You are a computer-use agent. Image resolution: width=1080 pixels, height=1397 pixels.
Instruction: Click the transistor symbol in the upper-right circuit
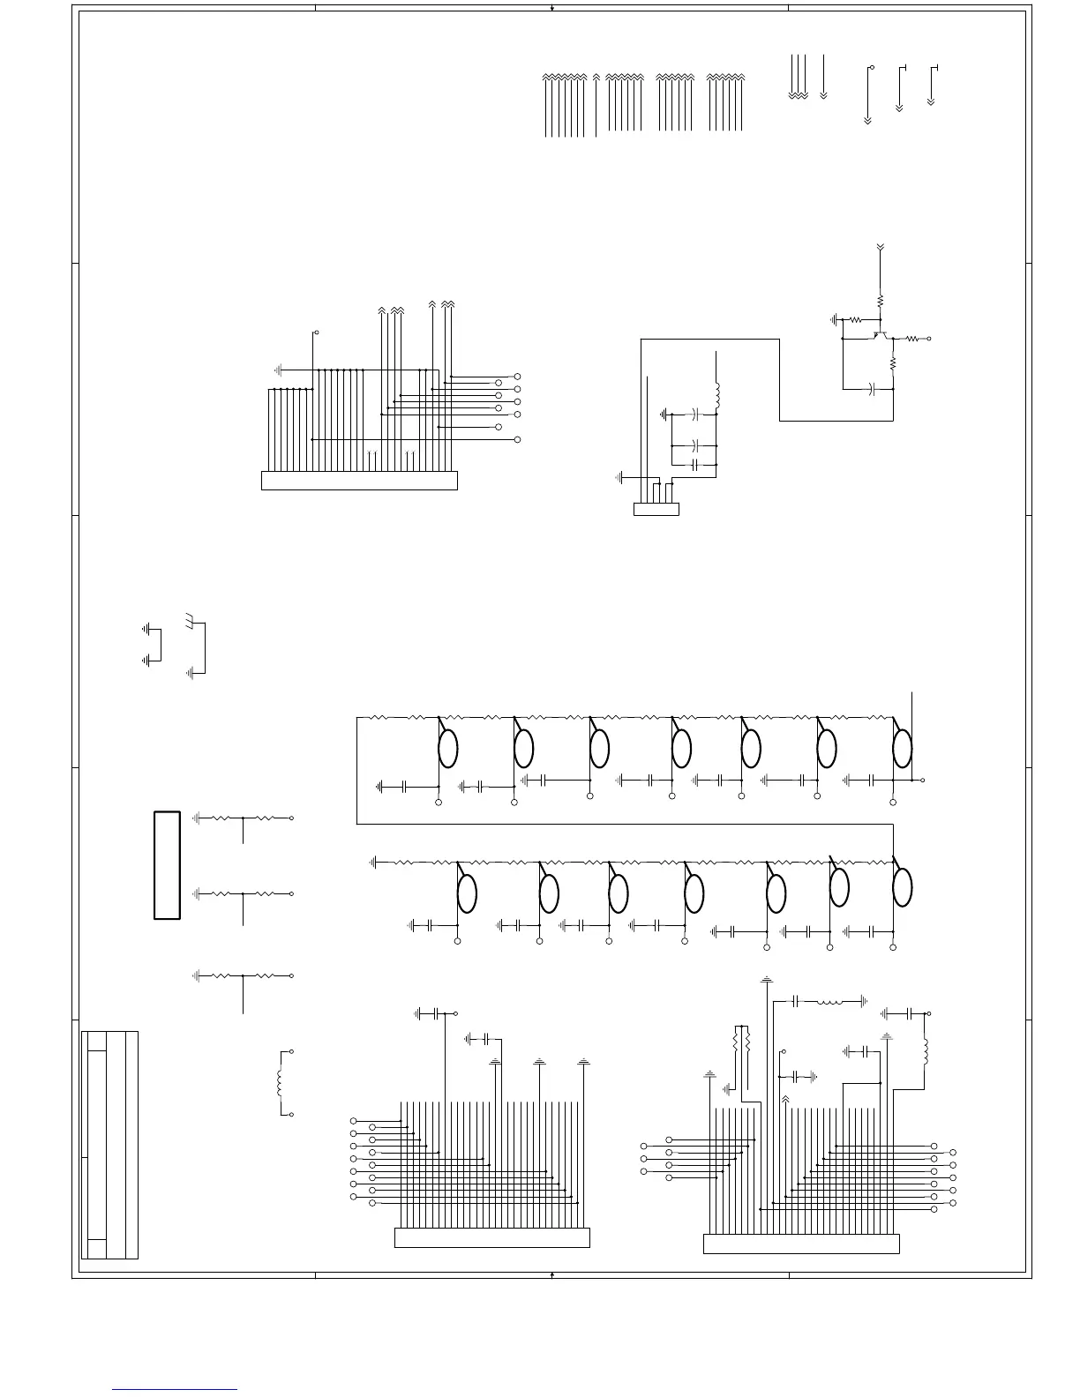(x=880, y=335)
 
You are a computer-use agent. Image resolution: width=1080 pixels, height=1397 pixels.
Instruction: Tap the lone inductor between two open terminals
(x=280, y=1083)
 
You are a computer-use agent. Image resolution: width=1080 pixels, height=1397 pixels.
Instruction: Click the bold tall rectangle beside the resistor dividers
(x=168, y=865)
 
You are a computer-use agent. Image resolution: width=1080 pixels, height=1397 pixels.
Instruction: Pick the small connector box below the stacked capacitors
(x=656, y=509)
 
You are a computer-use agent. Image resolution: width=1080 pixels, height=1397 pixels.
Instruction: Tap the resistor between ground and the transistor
(x=855, y=319)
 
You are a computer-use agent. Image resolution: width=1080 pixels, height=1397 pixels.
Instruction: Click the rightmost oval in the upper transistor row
(x=902, y=749)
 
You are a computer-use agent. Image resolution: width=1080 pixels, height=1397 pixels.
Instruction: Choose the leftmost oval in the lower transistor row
(x=468, y=893)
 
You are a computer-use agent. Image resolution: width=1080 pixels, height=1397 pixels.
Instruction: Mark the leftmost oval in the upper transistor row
(x=448, y=749)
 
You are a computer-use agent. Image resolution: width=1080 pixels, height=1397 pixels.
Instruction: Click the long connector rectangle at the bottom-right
(x=801, y=1244)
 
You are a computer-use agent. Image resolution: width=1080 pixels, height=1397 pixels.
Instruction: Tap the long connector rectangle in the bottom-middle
(x=491, y=1238)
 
